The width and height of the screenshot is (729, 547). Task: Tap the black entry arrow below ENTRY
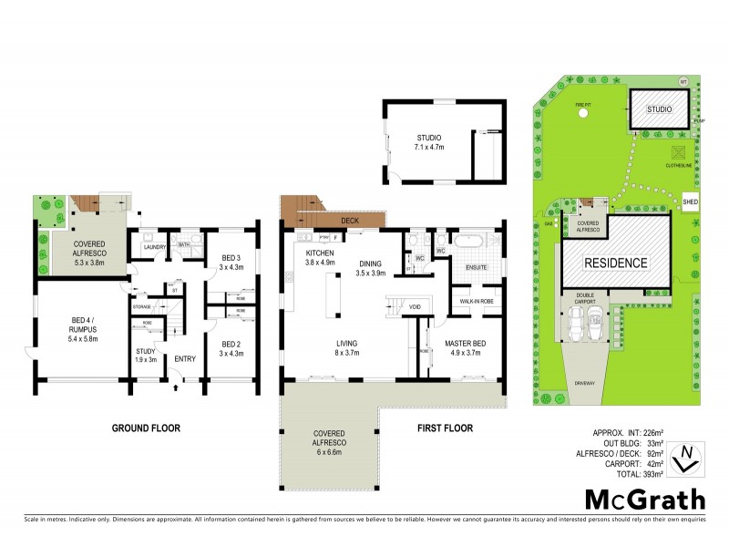[x=175, y=389]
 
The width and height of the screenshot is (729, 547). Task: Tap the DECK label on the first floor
[x=348, y=221]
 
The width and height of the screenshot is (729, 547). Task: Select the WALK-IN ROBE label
[x=477, y=299]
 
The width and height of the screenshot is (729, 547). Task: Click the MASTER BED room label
[x=468, y=342]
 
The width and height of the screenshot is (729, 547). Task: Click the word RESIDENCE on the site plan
[x=615, y=263]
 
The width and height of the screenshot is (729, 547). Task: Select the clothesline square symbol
[x=678, y=152]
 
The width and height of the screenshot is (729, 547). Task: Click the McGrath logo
[x=644, y=500]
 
